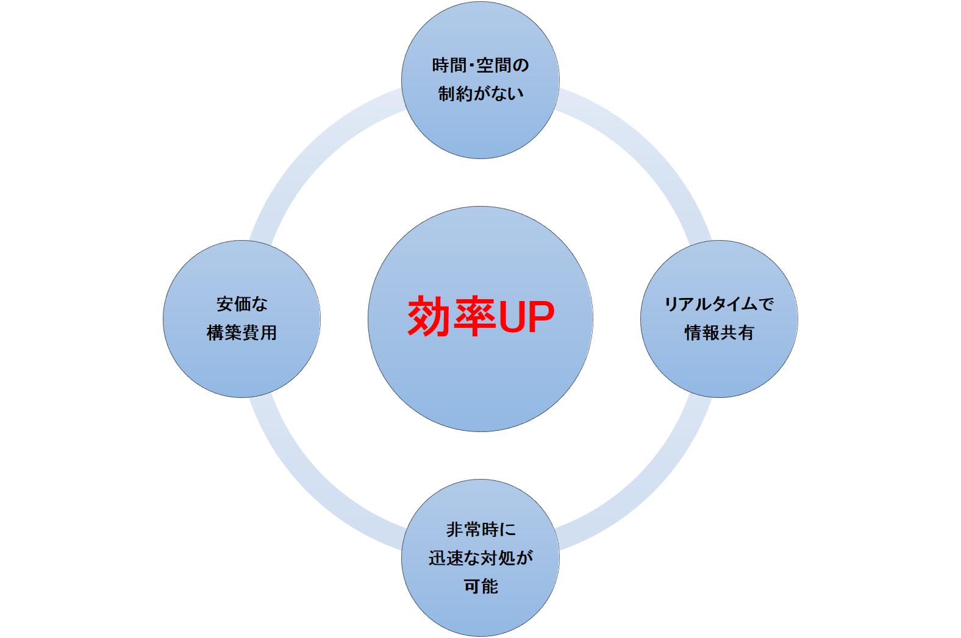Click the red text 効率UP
tap(480, 316)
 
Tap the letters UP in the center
tap(526, 316)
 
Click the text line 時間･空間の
tap(480, 65)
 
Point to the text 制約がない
tap(480, 93)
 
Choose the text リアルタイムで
tap(719, 303)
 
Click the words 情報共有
tap(719, 333)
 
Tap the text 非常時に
tap(480, 530)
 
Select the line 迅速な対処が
tap(480, 558)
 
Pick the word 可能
tap(480, 586)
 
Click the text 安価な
tap(242, 303)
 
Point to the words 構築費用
tap(242, 333)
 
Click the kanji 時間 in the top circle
tap(449, 65)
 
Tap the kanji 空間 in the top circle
tap(494, 65)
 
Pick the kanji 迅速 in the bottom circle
tap(446, 558)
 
